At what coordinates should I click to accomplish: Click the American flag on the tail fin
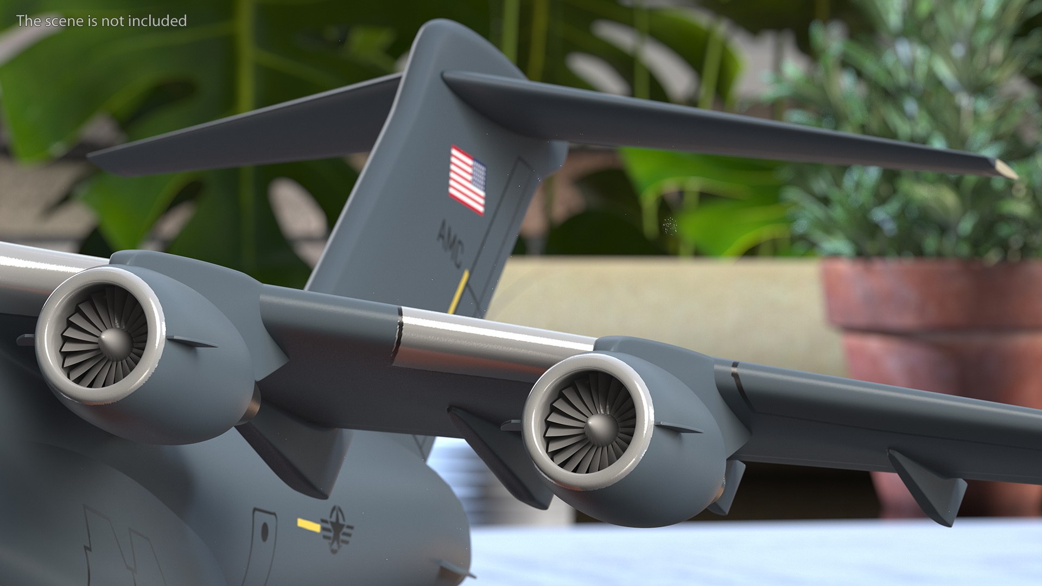coord(467,179)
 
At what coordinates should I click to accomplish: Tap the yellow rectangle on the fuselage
coord(308,525)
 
